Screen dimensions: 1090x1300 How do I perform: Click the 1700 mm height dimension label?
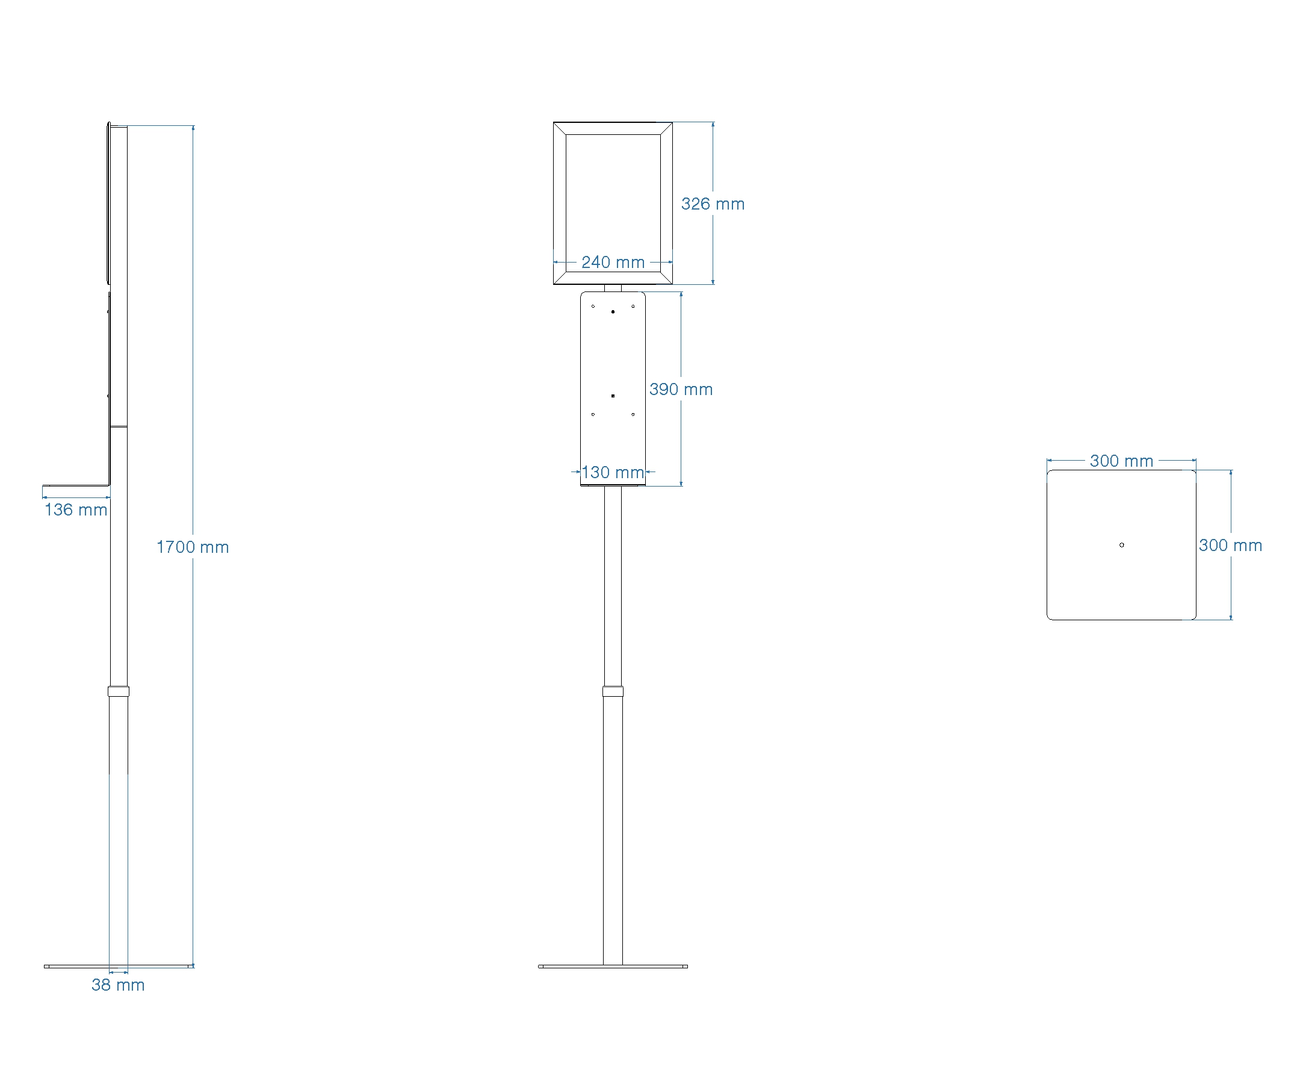193,547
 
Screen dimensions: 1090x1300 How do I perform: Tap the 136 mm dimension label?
75,509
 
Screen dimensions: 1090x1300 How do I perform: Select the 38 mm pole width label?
117,985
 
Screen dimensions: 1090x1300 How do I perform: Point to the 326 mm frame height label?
713,204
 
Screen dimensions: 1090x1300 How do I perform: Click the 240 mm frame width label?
613,262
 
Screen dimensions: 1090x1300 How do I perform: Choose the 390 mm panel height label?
681,389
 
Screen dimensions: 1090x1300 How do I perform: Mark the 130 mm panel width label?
613,472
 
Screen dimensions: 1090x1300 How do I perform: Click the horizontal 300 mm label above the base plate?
1121,461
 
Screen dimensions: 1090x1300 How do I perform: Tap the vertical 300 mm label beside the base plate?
1230,545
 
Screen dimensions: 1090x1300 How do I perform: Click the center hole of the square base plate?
1122,545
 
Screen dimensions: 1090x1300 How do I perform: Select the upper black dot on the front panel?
613,311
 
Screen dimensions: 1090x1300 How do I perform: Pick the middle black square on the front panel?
613,396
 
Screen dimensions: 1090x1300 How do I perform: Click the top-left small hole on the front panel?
593,306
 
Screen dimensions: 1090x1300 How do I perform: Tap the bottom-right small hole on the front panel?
633,414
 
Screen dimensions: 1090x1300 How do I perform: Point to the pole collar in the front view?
613,691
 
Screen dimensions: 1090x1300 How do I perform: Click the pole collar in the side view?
118,691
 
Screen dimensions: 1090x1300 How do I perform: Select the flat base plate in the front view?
613,966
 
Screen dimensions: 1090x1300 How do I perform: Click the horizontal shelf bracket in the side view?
75,486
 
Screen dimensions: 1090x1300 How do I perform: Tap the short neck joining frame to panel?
613,288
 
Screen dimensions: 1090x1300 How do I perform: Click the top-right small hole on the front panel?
633,306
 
